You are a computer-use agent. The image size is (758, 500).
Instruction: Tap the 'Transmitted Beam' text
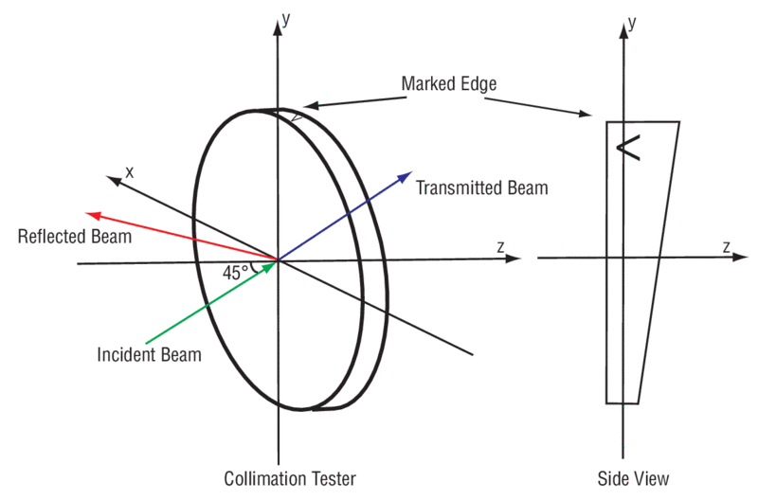482,187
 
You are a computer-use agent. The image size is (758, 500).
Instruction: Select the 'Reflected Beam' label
75,235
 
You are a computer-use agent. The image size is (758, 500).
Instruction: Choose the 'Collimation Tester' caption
290,478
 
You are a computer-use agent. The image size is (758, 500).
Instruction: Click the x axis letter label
130,171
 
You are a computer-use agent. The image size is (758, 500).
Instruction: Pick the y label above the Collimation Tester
285,17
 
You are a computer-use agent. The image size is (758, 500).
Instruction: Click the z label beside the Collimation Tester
499,246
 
